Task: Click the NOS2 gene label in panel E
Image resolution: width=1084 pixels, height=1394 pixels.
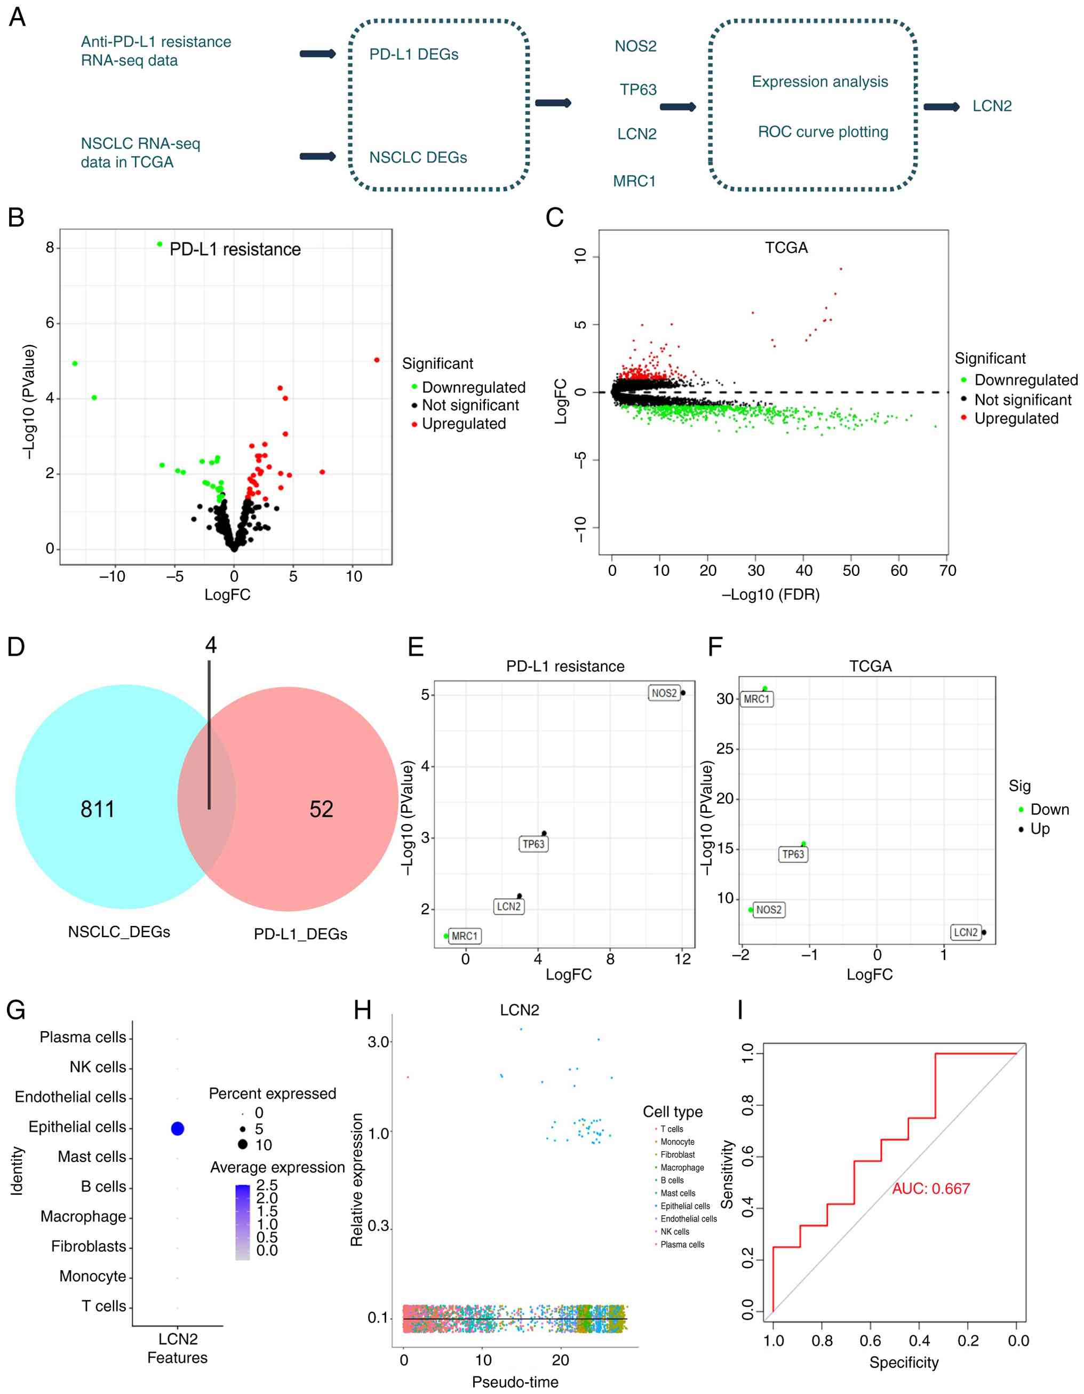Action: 664,693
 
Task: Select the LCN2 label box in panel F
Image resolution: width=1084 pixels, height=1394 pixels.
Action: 966,932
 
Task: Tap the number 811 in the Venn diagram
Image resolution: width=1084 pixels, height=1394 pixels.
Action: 98,809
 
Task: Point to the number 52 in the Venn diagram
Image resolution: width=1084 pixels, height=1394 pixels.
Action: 322,809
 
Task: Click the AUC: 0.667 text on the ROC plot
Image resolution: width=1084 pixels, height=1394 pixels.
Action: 931,1189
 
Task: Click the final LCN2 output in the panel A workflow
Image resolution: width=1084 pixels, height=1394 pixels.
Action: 992,106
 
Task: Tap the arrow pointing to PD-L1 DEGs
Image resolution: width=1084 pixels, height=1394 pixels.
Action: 318,53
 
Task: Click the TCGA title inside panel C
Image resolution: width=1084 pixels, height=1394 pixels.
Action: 786,248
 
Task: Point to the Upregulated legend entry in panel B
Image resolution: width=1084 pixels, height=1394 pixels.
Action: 463,424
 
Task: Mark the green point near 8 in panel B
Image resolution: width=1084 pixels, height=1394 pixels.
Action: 160,244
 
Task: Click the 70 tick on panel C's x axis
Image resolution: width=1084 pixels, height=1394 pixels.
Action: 947,570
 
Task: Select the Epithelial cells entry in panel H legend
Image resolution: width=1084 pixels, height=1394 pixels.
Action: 684,1206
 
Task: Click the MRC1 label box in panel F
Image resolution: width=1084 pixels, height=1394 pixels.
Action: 756,699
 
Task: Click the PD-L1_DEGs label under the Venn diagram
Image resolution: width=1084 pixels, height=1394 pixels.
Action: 300,934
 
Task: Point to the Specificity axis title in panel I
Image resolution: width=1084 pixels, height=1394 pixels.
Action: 904,1362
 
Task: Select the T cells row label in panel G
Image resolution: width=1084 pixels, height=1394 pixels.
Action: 103,1306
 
